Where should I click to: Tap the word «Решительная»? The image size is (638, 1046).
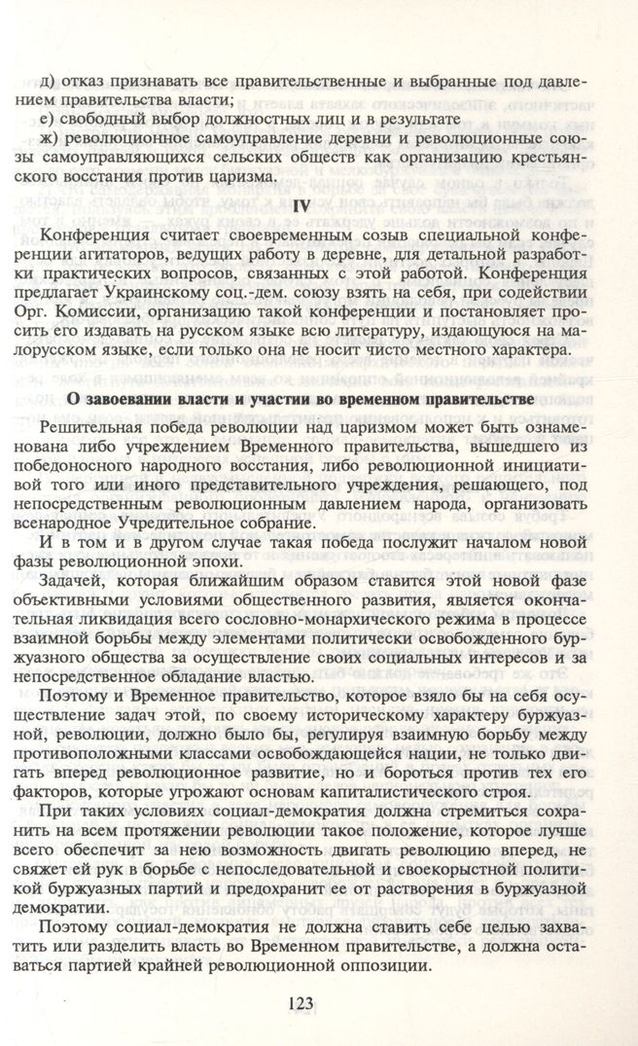click(99, 431)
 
